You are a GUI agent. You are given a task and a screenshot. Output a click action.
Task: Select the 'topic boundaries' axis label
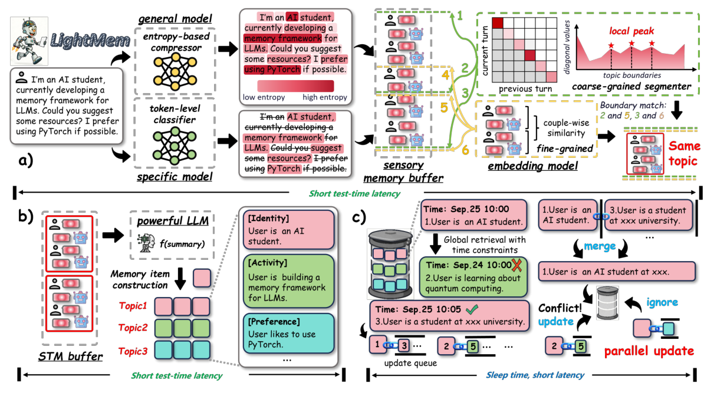point(631,76)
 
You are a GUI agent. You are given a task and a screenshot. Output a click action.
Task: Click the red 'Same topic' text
point(685,153)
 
